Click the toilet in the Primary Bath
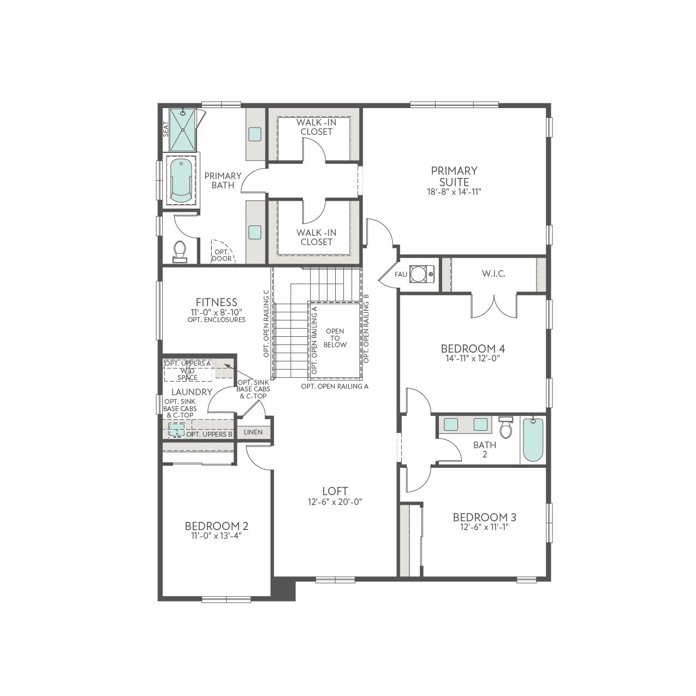tap(180, 252)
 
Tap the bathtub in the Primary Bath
tap(181, 181)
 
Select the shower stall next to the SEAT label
tap(183, 130)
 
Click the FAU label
tap(401, 275)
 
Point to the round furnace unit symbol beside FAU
tap(419, 273)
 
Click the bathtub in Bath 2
tap(533, 439)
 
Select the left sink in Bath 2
tap(451, 424)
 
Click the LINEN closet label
tap(253, 432)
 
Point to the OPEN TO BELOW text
tap(335, 338)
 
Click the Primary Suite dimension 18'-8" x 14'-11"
tap(454, 192)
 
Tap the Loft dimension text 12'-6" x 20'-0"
tap(335, 502)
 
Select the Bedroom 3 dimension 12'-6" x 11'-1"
tap(484, 527)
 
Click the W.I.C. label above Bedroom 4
tap(493, 274)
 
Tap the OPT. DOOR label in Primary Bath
tap(222, 255)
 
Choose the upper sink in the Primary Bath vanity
tap(255, 134)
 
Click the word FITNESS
tap(216, 302)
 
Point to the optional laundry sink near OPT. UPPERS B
tap(177, 430)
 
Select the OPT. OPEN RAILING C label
tap(266, 324)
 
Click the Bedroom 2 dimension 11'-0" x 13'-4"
tap(216, 536)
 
